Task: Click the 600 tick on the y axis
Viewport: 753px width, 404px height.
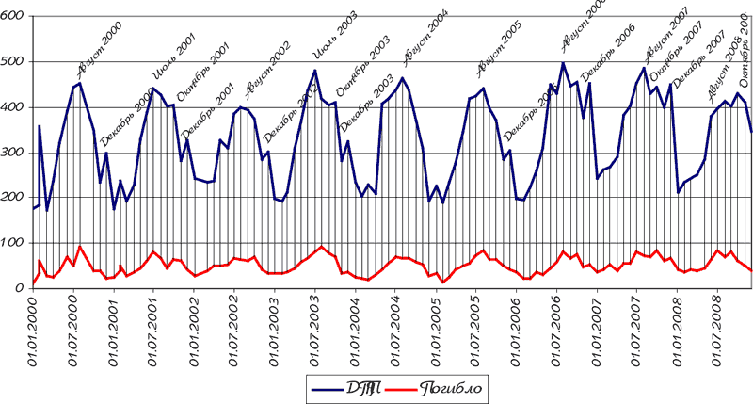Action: tap(13, 17)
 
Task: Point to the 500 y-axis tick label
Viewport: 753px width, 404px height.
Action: tap(13, 62)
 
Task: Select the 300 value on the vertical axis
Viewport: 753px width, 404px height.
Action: tap(13, 153)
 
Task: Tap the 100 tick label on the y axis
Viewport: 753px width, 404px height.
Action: tap(13, 243)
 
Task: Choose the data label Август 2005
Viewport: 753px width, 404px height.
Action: tap(499, 50)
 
